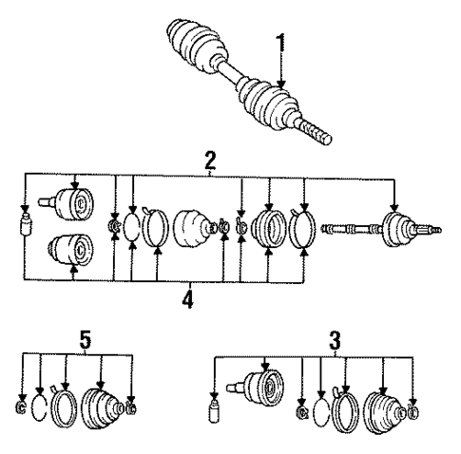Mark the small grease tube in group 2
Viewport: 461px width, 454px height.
point(24,228)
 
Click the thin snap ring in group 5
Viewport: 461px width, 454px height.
point(40,408)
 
